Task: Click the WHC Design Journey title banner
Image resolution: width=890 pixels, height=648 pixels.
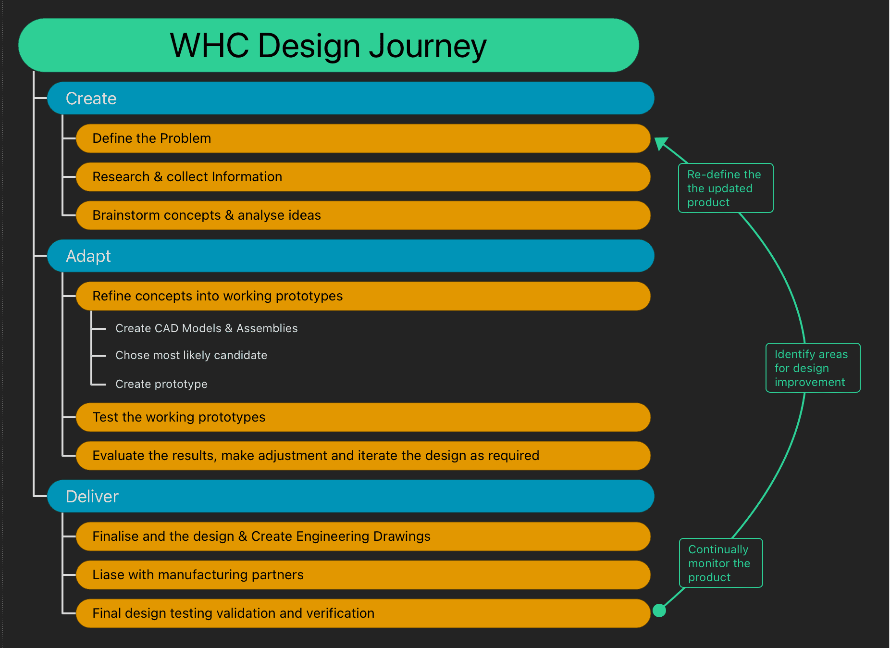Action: [x=328, y=46]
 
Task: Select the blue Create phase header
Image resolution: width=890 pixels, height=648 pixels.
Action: [x=350, y=98]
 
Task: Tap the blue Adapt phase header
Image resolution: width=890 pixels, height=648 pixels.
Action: [x=350, y=256]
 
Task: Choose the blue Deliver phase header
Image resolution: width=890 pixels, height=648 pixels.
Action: [x=350, y=496]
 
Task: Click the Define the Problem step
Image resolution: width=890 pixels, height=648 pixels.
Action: [x=363, y=138]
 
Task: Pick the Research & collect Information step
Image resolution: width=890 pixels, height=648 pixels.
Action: [x=363, y=177]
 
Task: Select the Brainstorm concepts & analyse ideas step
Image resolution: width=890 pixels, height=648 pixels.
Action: [x=363, y=215]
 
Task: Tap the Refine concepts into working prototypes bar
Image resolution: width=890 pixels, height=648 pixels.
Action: [x=363, y=296]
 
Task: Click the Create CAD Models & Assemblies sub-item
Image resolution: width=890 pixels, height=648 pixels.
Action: [x=206, y=328]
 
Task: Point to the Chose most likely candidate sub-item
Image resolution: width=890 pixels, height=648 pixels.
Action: [x=191, y=355]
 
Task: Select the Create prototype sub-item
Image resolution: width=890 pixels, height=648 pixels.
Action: [x=161, y=384]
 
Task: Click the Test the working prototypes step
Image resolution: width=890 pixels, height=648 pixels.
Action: [x=363, y=417]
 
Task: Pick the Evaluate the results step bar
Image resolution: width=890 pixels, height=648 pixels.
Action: [x=363, y=456]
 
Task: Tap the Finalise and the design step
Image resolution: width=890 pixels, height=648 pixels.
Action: [x=363, y=536]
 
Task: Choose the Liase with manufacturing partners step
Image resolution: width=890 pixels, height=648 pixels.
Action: [x=363, y=575]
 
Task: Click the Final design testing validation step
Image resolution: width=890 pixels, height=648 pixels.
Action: [x=363, y=613]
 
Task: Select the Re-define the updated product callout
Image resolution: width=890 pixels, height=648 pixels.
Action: [x=725, y=188]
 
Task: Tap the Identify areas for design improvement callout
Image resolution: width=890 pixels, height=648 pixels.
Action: [x=813, y=368]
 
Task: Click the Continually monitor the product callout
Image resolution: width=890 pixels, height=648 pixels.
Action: [x=720, y=563]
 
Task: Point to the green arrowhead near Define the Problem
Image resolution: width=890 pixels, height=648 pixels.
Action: [x=662, y=143]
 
